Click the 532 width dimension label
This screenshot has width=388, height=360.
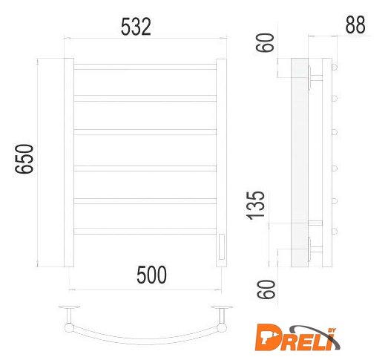(x=136, y=27)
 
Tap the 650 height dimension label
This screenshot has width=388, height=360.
(x=24, y=159)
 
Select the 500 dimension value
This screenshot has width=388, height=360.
(x=151, y=275)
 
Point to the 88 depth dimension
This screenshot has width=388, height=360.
(x=355, y=24)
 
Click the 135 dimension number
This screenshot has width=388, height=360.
(x=256, y=206)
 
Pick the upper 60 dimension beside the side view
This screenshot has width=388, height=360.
(x=265, y=43)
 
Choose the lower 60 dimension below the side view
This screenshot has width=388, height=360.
(x=266, y=289)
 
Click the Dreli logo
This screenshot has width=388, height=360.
(x=297, y=337)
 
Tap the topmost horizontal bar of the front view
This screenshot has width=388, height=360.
(x=145, y=67)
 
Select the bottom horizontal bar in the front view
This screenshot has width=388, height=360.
(x=145, y=231)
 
